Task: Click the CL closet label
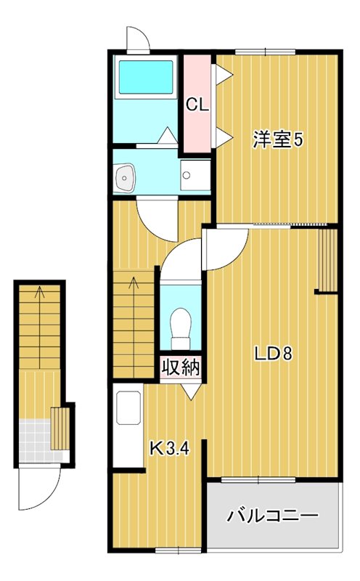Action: (197, 105)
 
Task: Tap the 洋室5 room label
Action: (277, 139)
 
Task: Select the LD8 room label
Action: (273, 354)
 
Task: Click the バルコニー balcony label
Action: (273, 516)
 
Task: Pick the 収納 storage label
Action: (180, 367)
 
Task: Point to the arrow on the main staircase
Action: (134, 283)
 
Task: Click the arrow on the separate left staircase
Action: (40, 293)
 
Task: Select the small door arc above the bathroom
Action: (137, 38)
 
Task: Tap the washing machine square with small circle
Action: (194, 175)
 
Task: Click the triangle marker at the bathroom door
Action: (167, 134)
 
